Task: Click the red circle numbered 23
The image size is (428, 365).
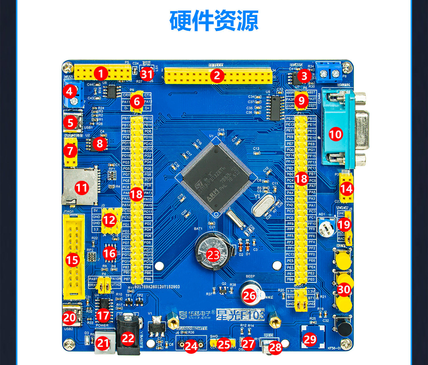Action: (x=213, y=255)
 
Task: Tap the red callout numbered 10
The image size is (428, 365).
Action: (x=336, y=134)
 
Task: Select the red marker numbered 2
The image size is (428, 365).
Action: (x=217, y=76)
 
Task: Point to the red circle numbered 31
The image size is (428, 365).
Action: (x=147, y=74)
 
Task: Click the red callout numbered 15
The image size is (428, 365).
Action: (x=72, y=260)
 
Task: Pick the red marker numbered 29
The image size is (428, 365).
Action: (x=310, y=339)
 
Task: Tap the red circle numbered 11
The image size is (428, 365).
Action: (x=81, y=188)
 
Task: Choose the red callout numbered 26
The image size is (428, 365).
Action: (x=249, y=295)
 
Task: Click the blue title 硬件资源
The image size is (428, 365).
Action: (x=214, y=21)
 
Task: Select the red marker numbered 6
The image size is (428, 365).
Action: (x=137, y=101)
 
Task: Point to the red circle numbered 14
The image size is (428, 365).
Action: (x=346, y=189)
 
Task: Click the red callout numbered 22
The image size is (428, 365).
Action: (x=128, y=338)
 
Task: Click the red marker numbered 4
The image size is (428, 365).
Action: (x=69, y=91)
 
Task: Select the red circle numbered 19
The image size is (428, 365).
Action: (x=344, y=225)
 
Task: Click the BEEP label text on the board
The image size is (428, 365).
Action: (x=250, y=276)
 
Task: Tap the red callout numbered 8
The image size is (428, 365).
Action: (x=100, y=143)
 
